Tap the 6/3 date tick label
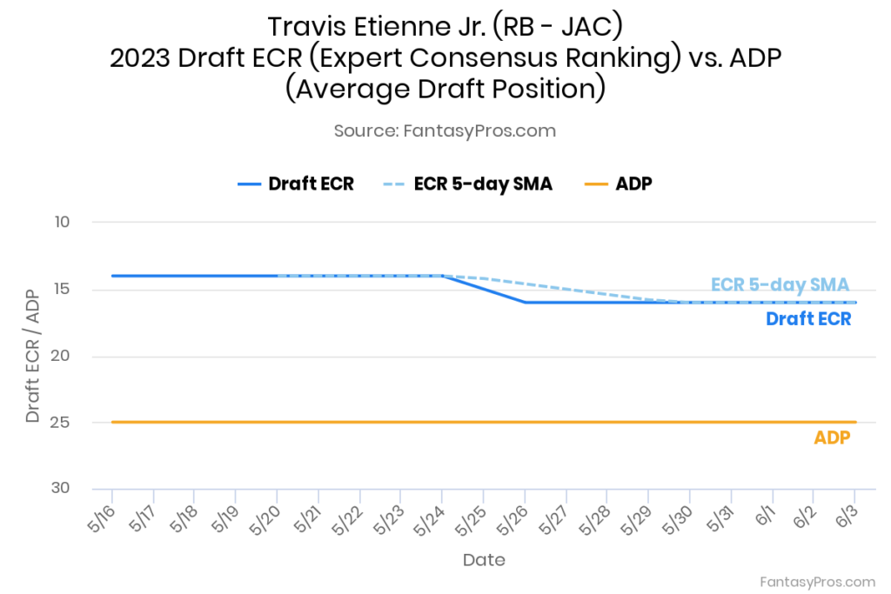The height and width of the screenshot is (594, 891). (x=845, y=520)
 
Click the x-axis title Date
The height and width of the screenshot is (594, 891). (x=484, y=559)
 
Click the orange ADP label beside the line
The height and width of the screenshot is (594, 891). (x=832, y=438)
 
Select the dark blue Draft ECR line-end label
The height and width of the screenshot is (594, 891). (x=807, y=319)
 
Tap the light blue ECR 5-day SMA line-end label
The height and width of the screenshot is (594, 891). (x=780, y=284)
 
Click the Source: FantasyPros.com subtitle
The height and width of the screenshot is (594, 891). (x=445, y=130)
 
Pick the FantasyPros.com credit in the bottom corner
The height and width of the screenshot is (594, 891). (x=817, y=581)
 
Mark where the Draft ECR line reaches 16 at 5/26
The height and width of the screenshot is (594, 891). (x=526, y=303)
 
